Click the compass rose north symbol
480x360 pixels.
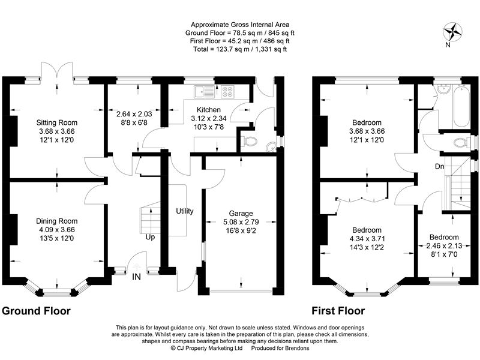click(x=453, y=32)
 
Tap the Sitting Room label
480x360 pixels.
click(x=56, y=123)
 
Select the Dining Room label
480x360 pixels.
click(x=56, y=221)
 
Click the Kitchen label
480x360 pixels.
click(x=208, y=110)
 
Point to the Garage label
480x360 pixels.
click(x=241, y=214)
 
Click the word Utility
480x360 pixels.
click(x=185, y=211)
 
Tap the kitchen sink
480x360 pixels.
click(x=204, y=92)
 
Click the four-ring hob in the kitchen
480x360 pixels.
click(x=227, y=92)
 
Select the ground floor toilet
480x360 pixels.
click(x=250, y=141)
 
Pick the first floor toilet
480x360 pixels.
click(x=461, y=143)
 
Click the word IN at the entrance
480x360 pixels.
click(x=136, y=277)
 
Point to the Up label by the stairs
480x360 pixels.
click(x=151, y=237)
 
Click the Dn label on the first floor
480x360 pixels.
click(x=439, y=167)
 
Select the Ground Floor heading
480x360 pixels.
click(x=36, y=311)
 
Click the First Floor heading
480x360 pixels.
click(x=338, y=311)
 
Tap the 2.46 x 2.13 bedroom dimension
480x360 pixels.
click(x=444, y=245)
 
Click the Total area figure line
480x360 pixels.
click(x=240, y=49)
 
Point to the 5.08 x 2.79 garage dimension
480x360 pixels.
click(x=241, y=221)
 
